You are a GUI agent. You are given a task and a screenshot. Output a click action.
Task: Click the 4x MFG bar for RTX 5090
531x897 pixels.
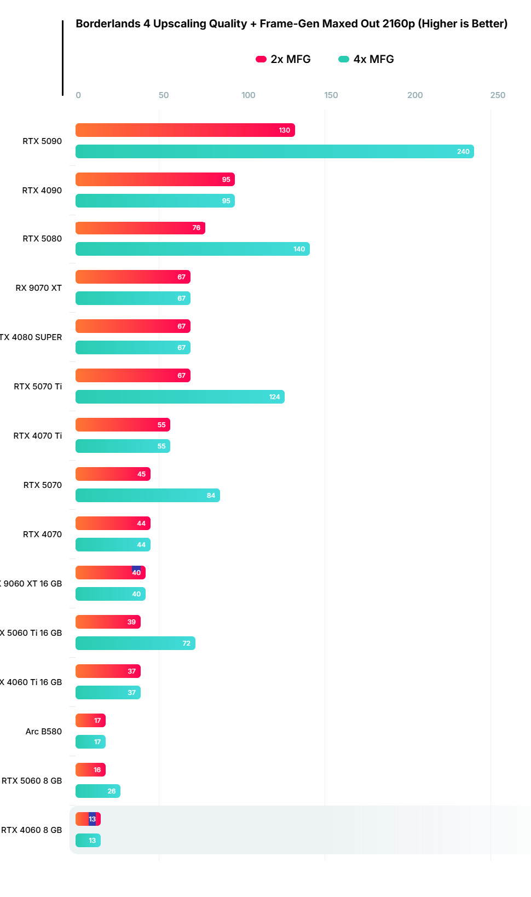[274, 152]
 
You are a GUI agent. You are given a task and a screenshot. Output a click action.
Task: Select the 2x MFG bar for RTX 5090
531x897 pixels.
[184, 130]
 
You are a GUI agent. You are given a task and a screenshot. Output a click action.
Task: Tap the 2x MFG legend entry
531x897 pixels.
[284, 59]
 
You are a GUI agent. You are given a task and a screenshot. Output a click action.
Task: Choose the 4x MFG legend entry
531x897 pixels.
[366, 59]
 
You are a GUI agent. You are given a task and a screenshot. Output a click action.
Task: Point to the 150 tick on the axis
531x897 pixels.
[331, 95]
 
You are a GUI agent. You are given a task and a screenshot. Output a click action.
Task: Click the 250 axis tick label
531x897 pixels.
[498, 95]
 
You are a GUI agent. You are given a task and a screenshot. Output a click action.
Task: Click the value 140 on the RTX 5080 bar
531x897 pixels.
[299, 249]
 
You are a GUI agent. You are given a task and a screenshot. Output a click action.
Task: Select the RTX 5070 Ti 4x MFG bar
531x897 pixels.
[180, 397]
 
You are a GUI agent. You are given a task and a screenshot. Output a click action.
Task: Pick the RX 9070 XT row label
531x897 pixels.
[38, 288]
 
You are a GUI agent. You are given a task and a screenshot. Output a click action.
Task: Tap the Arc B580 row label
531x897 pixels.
[43, 732]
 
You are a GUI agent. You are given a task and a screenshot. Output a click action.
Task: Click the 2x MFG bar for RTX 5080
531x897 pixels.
[140, 228]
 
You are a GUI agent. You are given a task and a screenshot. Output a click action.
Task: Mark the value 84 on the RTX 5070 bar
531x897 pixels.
[211, 496]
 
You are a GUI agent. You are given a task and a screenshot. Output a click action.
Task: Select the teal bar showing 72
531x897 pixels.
[135, 643]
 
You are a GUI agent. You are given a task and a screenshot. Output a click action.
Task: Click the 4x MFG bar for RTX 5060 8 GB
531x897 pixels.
[97, 791]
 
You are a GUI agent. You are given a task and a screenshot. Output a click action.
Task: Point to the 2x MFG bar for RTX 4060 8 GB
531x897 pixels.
[88, 819]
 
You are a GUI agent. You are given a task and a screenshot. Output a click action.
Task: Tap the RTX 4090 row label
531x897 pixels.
[42, 191]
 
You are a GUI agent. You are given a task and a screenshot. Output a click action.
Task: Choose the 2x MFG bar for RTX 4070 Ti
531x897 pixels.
[123, 425]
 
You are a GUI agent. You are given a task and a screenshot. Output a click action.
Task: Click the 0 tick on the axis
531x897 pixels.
[78, 95]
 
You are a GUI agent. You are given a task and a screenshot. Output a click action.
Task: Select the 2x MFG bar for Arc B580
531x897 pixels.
[90, 721]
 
